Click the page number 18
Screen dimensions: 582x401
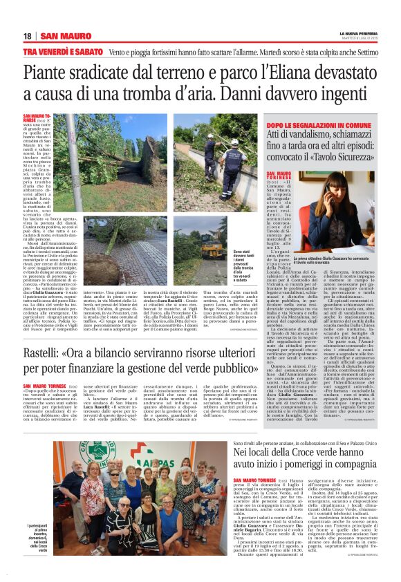27,37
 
